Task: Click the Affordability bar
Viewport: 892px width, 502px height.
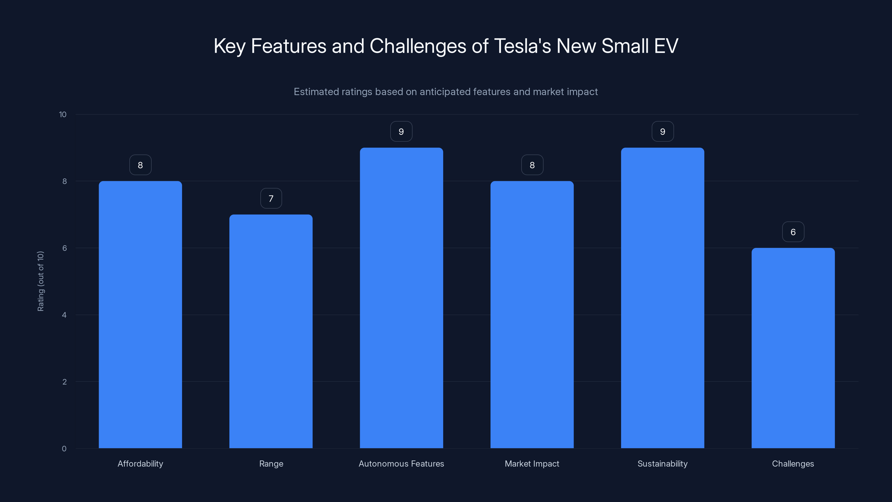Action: click(x=140, y=315)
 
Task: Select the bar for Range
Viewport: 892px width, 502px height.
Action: click(x=271, y=331)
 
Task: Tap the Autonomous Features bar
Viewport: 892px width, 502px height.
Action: click(x=401, y=298)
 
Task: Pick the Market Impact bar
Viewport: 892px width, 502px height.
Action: click(x=532, y=315)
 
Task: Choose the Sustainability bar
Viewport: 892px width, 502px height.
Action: click(x=662, y=298)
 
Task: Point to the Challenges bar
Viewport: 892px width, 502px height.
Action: click(x=793, y=348)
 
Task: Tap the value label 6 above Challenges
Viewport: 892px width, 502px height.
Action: click(x=793, y=232)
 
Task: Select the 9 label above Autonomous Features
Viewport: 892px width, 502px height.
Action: click(x=401, y=132)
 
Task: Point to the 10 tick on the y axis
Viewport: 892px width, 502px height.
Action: click(x=63, y=114)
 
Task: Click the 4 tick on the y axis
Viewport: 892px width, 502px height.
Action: click(x=64, y=315)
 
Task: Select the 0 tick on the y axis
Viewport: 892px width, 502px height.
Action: click(x=64, y=449)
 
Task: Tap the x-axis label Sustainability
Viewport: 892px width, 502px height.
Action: click(x=662, y=464)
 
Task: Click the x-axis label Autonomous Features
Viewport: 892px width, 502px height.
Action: click(x=401, y=464)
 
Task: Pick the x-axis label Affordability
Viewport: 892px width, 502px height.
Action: click(x=140, y=464)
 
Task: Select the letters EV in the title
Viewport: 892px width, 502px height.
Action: click(x=666, y=46)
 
